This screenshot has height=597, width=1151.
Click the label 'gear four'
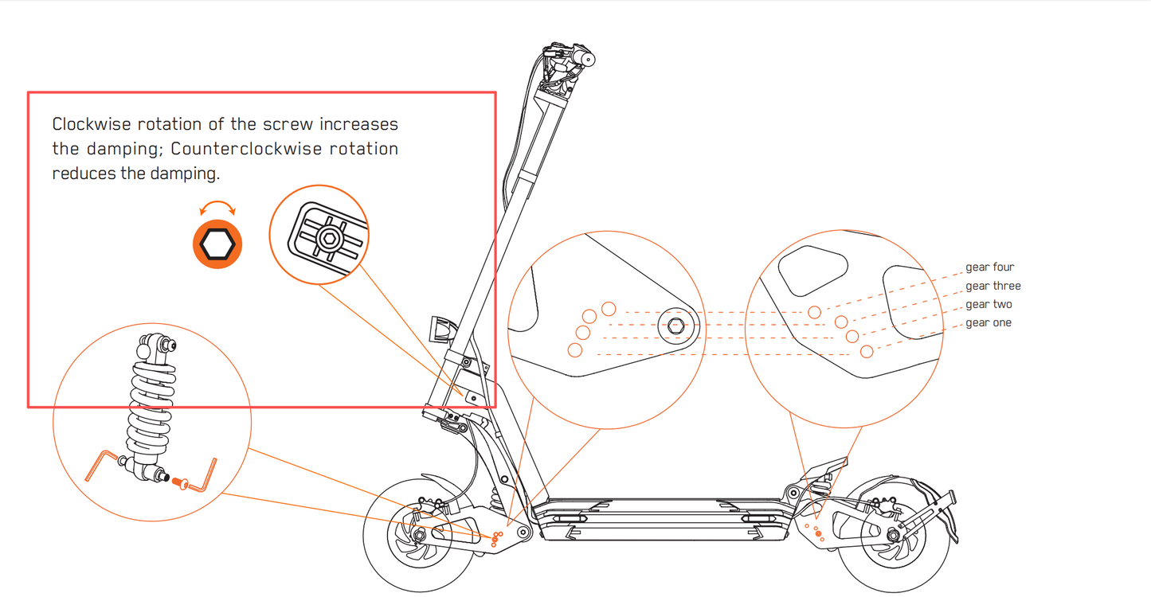[x=989, y=267]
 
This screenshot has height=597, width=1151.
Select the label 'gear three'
[x=992, y=286]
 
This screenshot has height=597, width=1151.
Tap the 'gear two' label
[x=989, y=304]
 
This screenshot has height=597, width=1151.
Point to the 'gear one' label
[x=989, y=322]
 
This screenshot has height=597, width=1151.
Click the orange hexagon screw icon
[x=217, y=244]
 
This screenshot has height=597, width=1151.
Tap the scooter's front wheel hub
[x=417, y=538]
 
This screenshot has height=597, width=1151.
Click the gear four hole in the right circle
[x=814, y=313]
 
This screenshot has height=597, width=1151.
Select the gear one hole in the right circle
[x=867, y=351]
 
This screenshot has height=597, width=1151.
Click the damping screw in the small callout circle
[x=327, y=238]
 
